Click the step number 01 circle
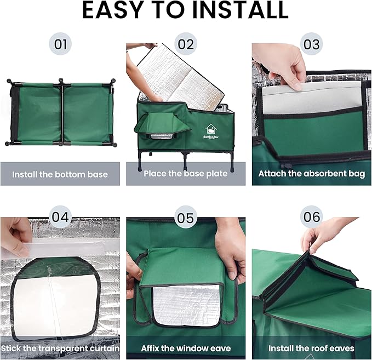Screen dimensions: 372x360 click(60, 44)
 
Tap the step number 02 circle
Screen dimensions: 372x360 click(186, 44)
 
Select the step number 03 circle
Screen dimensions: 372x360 click(312, 44)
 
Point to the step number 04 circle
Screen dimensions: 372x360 click(60, 217)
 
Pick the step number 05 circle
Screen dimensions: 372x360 click(186, 217)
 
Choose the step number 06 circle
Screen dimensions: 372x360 click(312, 217)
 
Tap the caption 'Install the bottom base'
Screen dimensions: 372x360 click(60, 174)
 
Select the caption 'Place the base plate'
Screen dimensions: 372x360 click(186, 174)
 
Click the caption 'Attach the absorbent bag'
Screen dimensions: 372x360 click(312, 174)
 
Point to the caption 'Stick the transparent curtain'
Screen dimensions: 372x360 click(60, 348)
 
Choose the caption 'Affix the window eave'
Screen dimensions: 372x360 click(186, 348)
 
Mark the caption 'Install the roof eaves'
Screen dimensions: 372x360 click(312, 348)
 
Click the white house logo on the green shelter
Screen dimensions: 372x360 click(211, 129)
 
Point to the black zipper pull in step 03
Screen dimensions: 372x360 click(283, 165)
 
